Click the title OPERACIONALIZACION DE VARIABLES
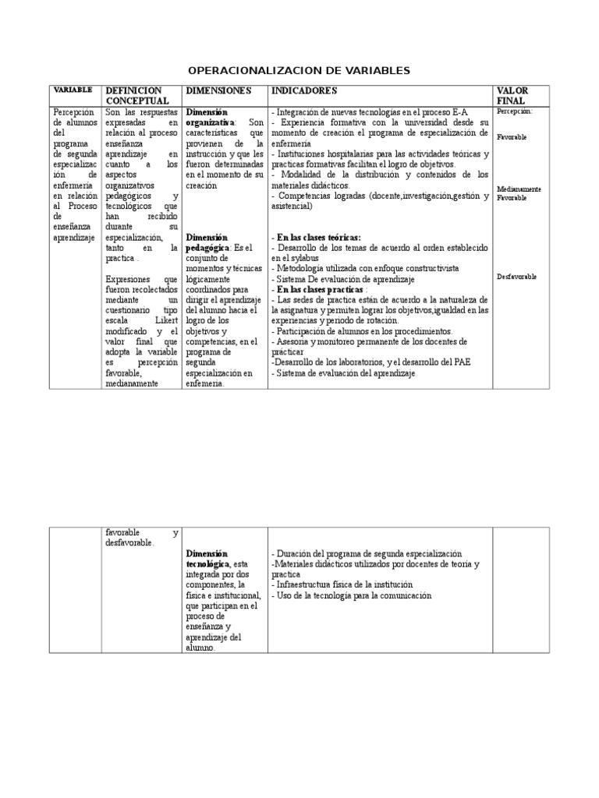click(299, 71)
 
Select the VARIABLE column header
click(73, 90)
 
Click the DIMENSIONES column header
click(218, 91)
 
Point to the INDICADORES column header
click(304, 91)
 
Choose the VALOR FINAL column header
click(512, 96)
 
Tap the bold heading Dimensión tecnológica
click(208, 558)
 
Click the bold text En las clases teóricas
click(317, 237)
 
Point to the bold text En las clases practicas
click(319, 289)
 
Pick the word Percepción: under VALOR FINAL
click(515, 111)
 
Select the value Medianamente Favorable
click(519, 193)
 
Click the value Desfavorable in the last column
click(516, 277)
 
